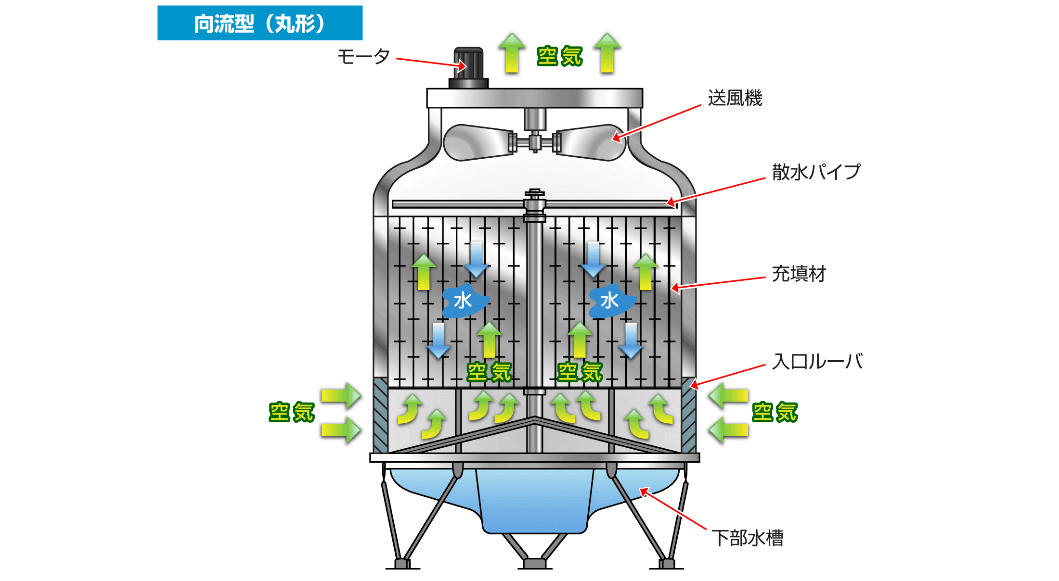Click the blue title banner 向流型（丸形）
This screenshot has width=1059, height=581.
260,23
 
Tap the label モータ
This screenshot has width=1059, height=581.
363,57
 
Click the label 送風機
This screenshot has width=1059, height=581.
735,98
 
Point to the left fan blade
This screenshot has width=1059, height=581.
477,142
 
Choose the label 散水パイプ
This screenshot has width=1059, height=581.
816,172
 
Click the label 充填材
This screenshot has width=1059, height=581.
799,274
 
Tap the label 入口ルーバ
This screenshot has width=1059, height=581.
817,362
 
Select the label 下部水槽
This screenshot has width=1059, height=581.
748,538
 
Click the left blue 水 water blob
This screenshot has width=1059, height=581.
464,301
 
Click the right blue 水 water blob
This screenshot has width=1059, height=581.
611,301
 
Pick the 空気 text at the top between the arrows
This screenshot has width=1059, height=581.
560,56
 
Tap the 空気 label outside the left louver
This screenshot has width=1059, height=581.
292,412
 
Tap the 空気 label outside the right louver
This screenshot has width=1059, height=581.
775,412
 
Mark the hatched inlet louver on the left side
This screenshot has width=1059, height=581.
380,415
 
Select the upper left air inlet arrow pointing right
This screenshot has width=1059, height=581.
341,395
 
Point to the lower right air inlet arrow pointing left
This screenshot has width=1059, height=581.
729,429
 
